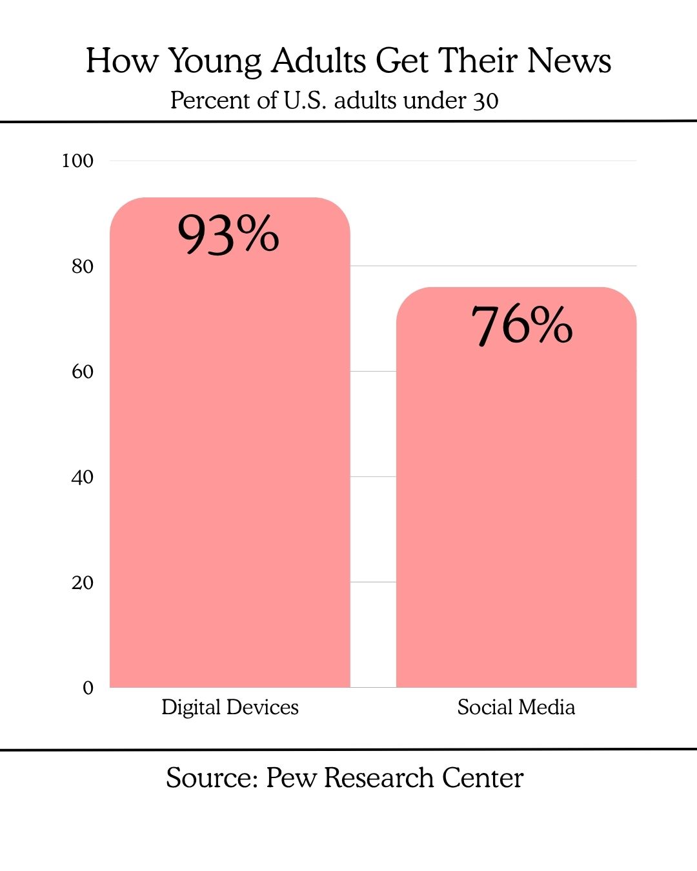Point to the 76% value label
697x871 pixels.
(521, 325)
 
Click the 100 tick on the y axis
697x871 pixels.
(77, 161)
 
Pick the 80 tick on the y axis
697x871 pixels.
(82, 266)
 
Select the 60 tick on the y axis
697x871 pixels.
(82, 372)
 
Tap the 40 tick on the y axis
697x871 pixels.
(82, 477)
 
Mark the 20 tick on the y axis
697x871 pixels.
(82, 583)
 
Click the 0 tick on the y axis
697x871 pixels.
(88, 688)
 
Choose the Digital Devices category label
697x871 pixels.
(230, 707)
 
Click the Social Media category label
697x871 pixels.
(516, 707)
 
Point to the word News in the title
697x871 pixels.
(569, 61)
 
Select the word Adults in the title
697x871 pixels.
(319, 61)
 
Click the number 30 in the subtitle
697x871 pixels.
(485, 101)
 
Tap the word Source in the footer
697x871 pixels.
(212, 778)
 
